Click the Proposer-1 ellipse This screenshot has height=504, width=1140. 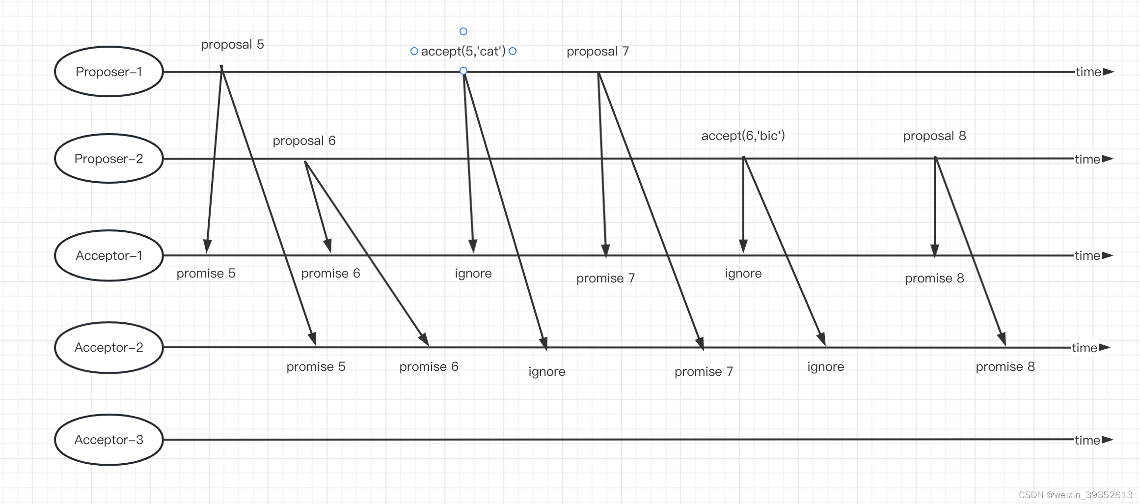(109, 72)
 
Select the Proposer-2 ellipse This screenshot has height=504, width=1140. (109, 159)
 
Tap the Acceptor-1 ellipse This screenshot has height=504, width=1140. (109, 255)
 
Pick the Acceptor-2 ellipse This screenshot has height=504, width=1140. (109, 347)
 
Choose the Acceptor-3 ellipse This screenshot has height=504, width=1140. (109, 440)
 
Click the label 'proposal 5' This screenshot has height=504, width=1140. (232, 45)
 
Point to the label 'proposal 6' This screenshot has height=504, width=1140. (304, 141)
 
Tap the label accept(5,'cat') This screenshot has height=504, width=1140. (463, 52)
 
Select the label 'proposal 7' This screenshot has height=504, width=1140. (597, 52)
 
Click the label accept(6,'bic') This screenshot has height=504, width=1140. (743, 136)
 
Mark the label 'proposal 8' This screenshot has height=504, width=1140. (934, 136)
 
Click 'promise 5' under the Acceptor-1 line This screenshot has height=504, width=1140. (206, 274)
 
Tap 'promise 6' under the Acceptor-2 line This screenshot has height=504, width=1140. (429, 367)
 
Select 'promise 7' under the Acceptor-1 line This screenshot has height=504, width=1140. (605, 279)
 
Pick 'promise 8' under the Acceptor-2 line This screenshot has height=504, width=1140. (1005, 367)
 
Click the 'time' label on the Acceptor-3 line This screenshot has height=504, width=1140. (1087, 440)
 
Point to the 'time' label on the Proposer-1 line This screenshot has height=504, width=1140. (1088, 72)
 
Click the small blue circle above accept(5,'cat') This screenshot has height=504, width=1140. (463, 31)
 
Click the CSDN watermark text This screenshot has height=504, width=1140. (1075, 495)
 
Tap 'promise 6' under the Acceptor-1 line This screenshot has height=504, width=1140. (330, 274)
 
